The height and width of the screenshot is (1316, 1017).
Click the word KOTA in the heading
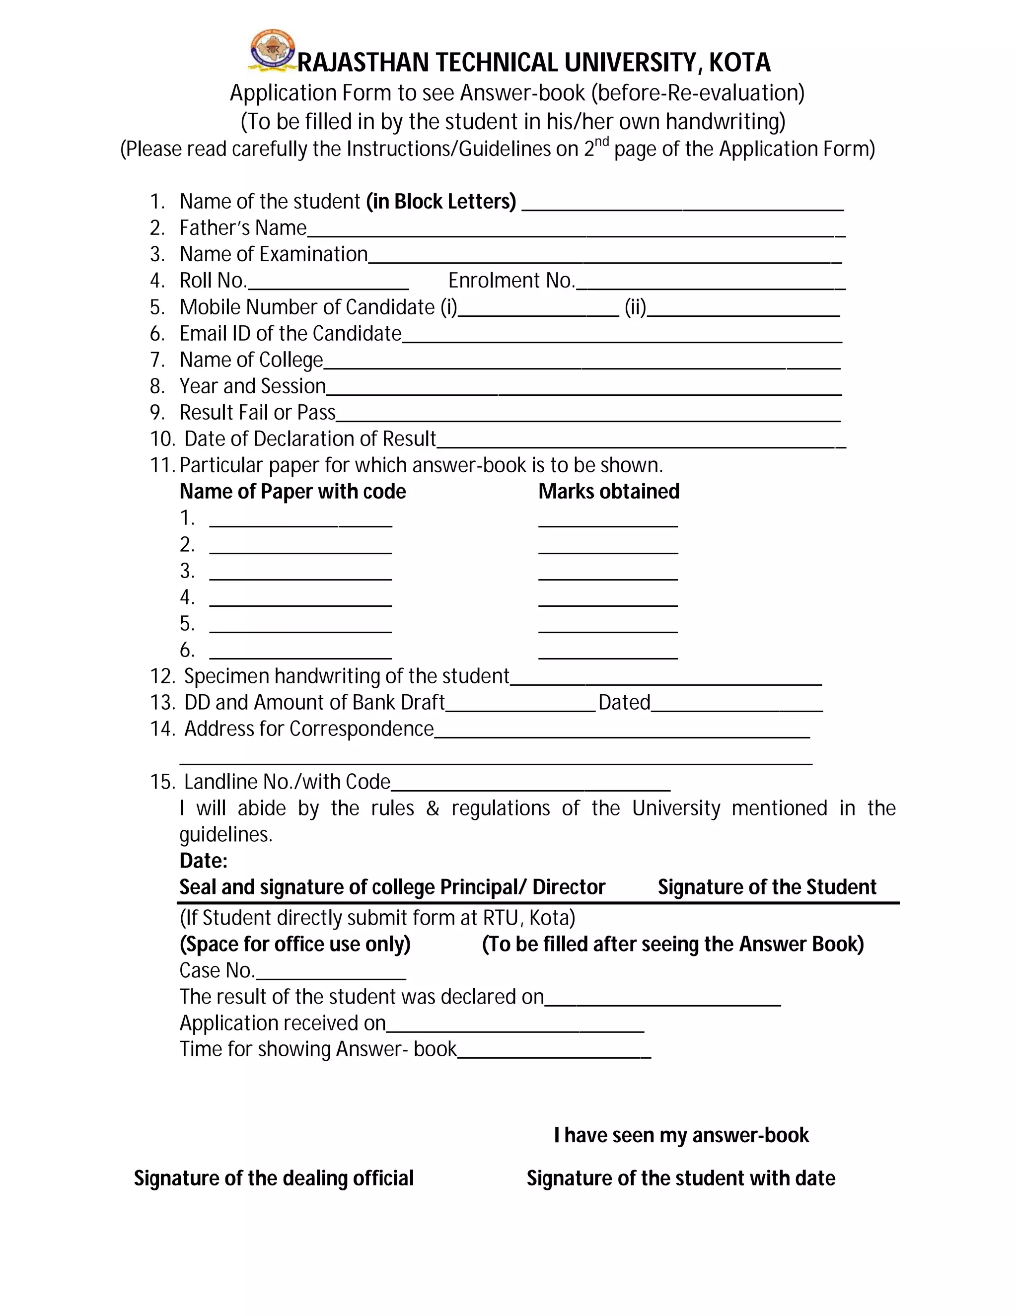pos(739,63)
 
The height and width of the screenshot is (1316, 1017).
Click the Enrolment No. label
pos(511,281)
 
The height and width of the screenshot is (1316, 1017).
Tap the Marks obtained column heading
pos(608,492)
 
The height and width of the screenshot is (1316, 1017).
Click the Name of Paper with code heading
pos(293,492)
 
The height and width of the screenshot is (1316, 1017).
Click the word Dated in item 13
pos(624,703)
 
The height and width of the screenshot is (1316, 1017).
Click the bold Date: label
pos(204,861)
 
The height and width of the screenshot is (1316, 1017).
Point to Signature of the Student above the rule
pos(767,887)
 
